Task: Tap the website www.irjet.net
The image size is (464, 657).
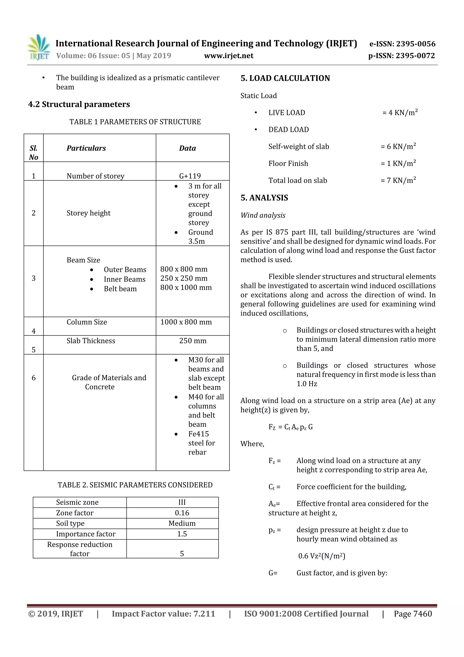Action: click(x=228, y=56)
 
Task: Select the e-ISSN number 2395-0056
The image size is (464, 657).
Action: click(x=416, y=44)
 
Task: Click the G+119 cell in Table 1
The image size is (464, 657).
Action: click(x=190, y=176)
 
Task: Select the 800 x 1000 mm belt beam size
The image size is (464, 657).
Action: click(x=186, y=287)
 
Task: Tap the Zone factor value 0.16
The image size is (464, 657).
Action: click(x=182, y=513)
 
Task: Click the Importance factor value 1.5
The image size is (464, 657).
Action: click(x=182, y=534)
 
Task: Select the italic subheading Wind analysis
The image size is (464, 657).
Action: click(x=263, y=215)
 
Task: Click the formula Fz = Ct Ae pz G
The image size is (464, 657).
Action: click(x=290, y=427)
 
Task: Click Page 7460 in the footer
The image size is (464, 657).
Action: click(x=413, y=613)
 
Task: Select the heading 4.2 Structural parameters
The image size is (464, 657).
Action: click(x=79, y=104)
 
